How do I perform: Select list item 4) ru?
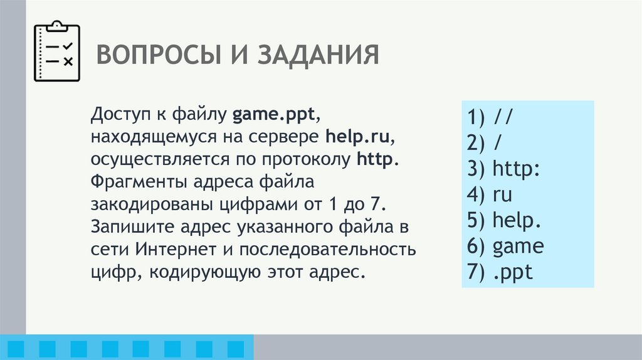pos(489,194)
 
